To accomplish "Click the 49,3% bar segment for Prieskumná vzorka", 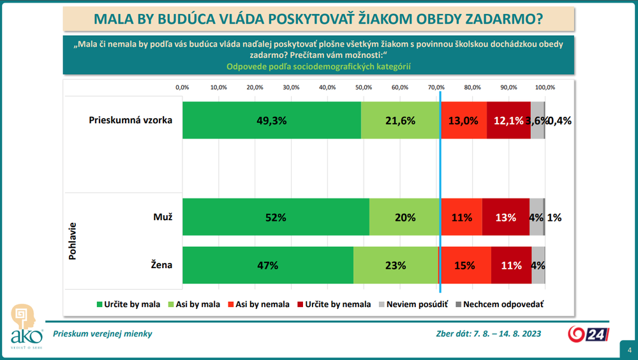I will (272, 120).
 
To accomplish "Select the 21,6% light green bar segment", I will (401, 120).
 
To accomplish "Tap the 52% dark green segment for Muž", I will (276, 217).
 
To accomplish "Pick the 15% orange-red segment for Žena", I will (464, 266).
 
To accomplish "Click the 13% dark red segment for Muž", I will (506, 217).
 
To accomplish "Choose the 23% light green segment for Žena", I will (396, 266).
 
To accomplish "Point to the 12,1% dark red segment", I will (508, 120).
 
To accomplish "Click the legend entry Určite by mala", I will (127, 304).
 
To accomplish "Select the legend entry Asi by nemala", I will (257, 304).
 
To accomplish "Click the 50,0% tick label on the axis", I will (364, 87).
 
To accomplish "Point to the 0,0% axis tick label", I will (182, 87).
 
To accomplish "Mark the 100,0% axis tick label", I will (545, 87).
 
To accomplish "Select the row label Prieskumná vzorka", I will (130, 120).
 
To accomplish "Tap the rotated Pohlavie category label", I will (71, 241).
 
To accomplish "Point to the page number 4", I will (628, 350).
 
